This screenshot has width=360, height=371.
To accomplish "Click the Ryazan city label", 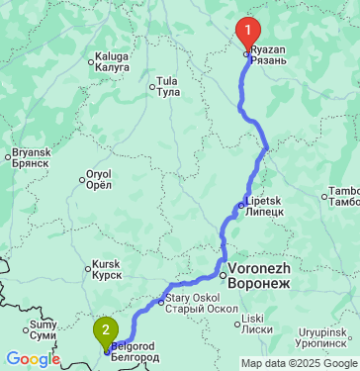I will click(268, 54).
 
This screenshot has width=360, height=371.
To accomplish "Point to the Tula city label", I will click(168, 86).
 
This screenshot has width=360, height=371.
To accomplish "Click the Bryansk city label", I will click(29, 157).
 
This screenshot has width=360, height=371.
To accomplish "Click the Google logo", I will click(33, 359).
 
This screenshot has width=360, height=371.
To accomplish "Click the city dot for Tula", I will click(152, 86).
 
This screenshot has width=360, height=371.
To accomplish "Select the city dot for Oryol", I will click(82, 180).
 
